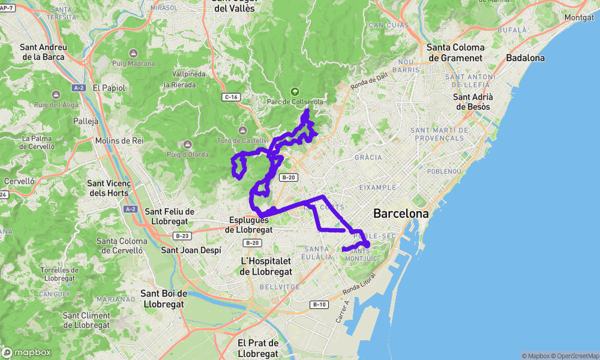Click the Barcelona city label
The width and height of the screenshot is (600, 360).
pyautogui.click(x=401, y=213)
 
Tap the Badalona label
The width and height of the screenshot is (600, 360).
pyautogui.click(x=525, y=58)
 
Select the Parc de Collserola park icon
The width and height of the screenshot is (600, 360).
pyautogui.click(x=295, y=92)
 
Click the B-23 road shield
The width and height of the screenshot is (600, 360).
pyautogui.click(x=182, y=236)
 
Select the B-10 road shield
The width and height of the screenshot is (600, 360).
pyautogui.click(x=319, y=304)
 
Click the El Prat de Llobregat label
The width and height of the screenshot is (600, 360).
pyautogui.click(x=258, y=348)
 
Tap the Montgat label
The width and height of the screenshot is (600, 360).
pyautogui.click(x=579, y=18)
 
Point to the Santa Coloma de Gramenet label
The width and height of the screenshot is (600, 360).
pyautogui.click(x=455, y=53)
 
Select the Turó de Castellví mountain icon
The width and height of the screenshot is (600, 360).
pyautogui.click(x=242, y=130)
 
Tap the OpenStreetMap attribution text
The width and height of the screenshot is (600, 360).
pyautogui.click(x=575, y=356)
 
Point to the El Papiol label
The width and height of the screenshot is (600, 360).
pyautogui.click(x=109, y=88)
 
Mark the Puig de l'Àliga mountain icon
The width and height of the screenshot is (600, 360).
pyautogui.click(x=55, y=95)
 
